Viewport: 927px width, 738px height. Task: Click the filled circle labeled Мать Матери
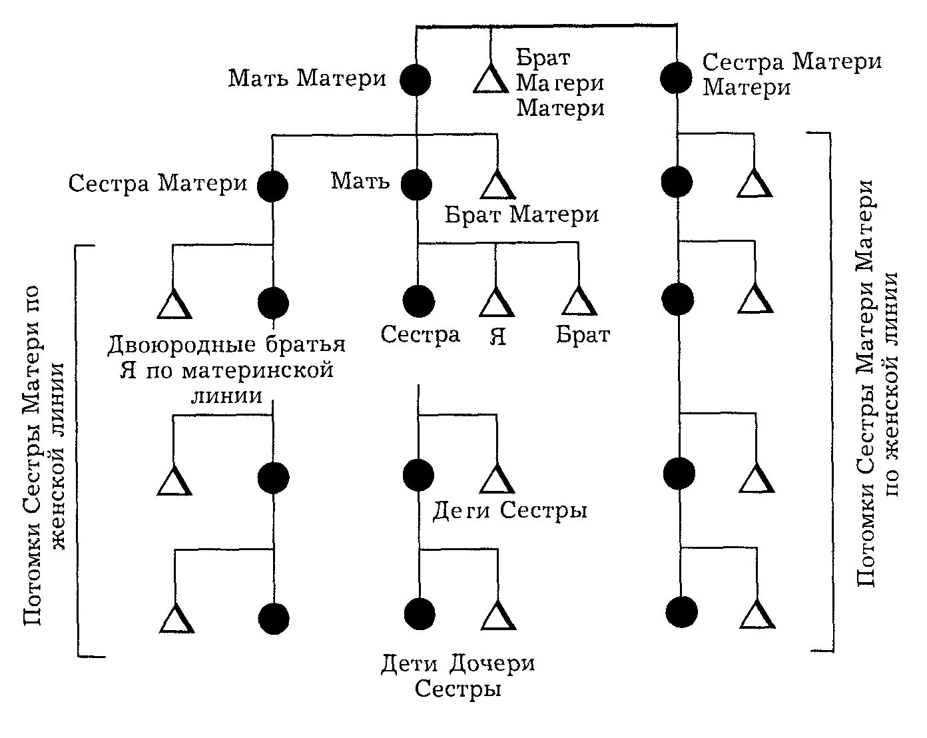416,79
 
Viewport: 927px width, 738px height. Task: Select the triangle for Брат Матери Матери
491,80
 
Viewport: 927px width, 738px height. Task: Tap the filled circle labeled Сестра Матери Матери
676,78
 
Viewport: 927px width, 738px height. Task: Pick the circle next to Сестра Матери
272,186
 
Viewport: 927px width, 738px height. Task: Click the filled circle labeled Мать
417,184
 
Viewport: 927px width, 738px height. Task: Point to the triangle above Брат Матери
497,185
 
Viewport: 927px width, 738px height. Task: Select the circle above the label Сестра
419,301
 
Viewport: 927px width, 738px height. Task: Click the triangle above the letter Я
496,303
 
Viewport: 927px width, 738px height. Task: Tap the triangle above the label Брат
579,302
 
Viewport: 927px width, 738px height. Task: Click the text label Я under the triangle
497,336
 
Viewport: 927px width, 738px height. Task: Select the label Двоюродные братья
226,345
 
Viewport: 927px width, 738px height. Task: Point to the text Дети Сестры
510,511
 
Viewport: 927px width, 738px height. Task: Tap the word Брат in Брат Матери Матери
543,59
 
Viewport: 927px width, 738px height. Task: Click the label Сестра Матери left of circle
158,183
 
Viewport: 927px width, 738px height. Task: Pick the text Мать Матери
308,79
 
